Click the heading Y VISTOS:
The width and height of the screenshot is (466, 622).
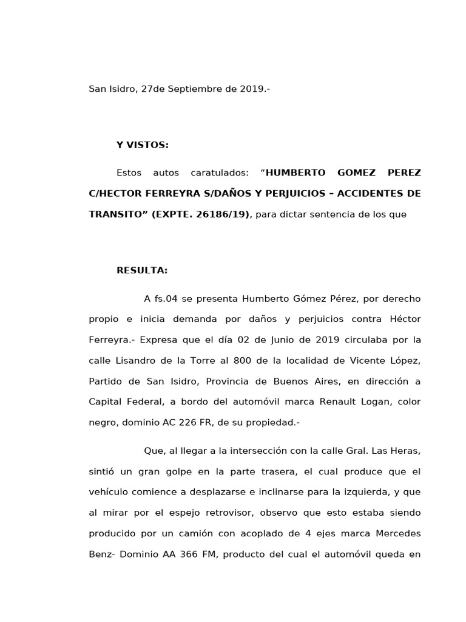click(143, 145)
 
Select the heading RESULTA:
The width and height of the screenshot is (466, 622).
click(142, 271)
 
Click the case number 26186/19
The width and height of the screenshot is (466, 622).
click(222, 214)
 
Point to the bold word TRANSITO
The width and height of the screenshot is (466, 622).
click(115, 214)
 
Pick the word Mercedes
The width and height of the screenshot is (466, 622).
click(395, 533)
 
